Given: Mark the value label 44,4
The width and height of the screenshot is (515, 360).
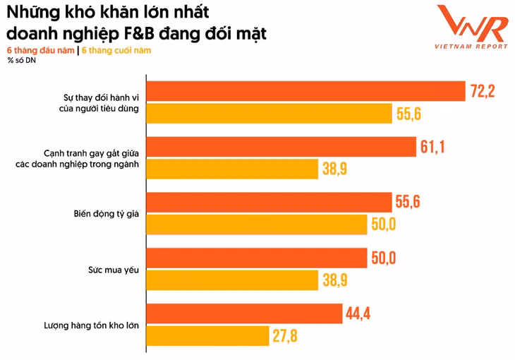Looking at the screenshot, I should tap(358, 313).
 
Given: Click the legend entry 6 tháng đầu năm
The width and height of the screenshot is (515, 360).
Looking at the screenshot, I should tap(40, 50).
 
